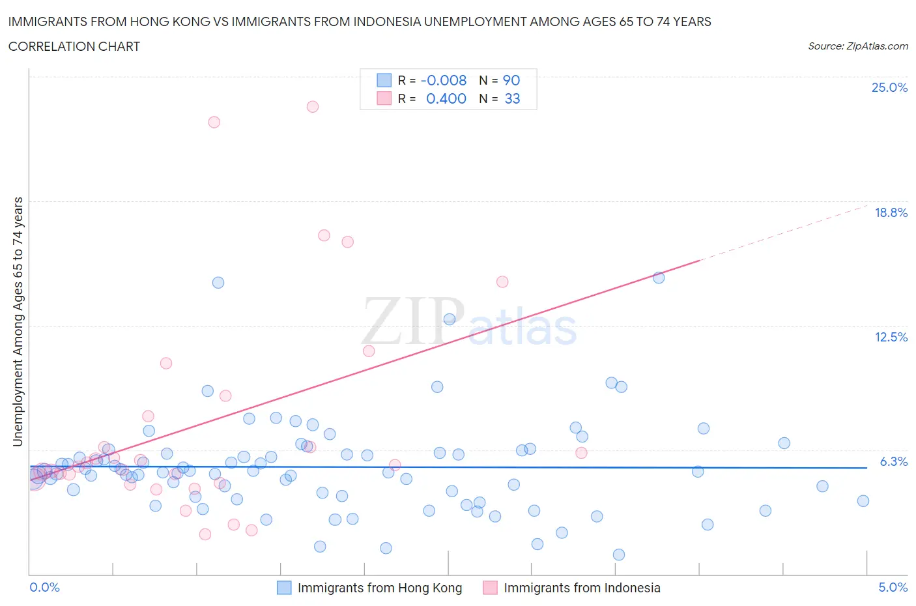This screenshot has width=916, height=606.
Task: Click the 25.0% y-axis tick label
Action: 889,88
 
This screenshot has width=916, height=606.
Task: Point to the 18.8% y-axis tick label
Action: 891,213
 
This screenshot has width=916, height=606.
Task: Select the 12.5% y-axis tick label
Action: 891,338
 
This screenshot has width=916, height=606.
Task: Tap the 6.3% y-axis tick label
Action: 893,462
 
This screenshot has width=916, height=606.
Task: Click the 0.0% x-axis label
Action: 44,588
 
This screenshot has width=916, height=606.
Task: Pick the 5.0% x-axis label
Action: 893,588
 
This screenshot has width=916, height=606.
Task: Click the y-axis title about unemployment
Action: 18,322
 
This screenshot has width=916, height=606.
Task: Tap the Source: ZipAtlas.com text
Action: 857,46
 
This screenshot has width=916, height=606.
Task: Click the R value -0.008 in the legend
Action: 443,81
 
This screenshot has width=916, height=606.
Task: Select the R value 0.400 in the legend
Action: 446,99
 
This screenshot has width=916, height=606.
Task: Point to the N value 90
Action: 511,81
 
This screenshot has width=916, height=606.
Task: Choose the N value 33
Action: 512,99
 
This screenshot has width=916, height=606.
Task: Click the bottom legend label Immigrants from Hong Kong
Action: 379,588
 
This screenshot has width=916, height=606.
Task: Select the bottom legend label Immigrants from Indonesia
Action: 582,588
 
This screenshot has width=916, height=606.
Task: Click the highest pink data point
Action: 313,107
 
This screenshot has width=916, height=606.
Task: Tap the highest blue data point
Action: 659,278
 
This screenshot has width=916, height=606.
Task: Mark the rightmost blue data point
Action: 863,501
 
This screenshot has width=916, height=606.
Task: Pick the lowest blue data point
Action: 619,555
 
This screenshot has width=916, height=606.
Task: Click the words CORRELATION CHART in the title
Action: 74,47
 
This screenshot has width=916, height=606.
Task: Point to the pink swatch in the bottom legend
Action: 490,588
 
